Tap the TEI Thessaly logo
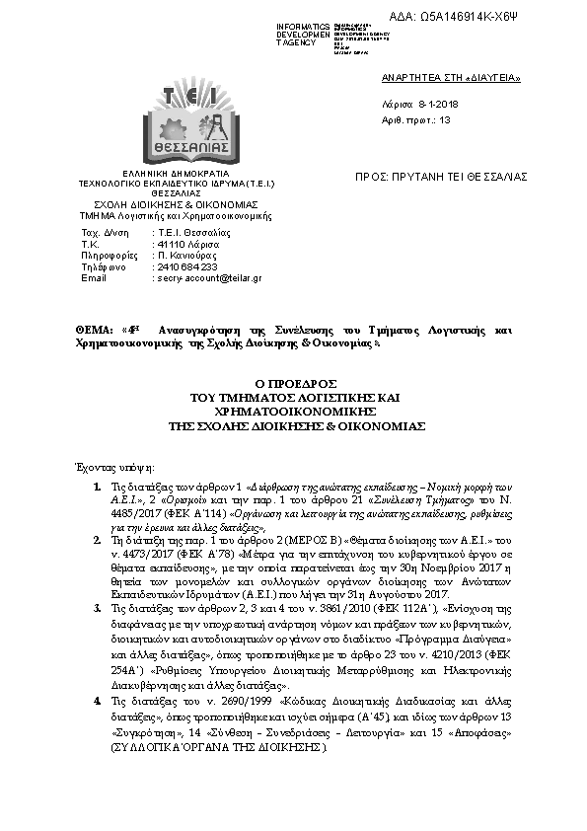pos(184,121)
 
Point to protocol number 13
pos(444,119)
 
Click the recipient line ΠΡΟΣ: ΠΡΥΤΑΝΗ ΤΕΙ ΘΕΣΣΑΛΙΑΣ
pos(441,177)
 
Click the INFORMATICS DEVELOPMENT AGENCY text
pos(303,34)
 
